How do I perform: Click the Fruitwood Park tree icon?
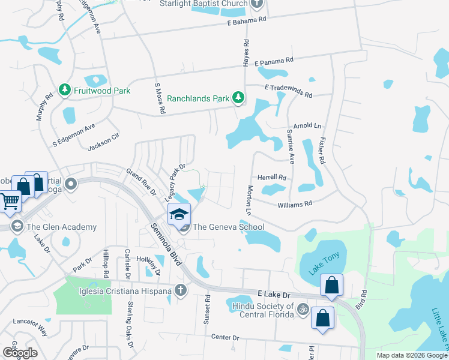[64, 91]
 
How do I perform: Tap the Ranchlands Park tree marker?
[238, 97]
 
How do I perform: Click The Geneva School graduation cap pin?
[179, 214]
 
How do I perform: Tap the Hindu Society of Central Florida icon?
[303, 310]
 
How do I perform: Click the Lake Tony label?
[324, 264]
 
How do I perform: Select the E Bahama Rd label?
[246, 22]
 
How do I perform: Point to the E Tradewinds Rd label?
[289, 91]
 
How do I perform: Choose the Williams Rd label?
[295, 204]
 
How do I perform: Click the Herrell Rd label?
[272, 178]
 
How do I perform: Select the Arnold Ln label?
[308, 126]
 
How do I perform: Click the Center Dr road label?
[225, 337]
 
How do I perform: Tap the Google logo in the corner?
[19, 353]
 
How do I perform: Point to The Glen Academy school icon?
[17, 226]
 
